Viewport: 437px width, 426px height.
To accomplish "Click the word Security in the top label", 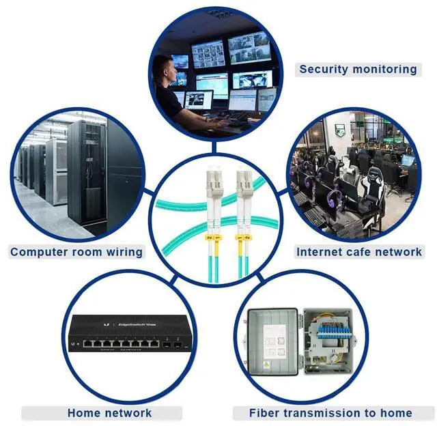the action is click(324, 69).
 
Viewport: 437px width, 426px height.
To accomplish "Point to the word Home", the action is click(85, 413).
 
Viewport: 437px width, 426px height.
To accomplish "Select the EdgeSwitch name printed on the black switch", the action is click(137, 324).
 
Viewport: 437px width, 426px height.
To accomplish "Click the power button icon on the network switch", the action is click(73, 344).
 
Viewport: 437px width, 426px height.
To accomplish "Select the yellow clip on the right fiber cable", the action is click(244, 238).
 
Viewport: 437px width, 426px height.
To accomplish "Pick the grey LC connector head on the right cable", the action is click(244, 182).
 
